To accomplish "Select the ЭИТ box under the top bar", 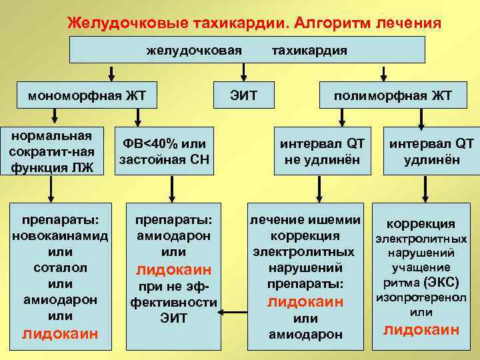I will point(243,95).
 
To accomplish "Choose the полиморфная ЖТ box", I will point(393,95).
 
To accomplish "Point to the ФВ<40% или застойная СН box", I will point(163,151).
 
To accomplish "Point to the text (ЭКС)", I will point(439,282).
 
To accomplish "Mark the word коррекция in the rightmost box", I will point(421,223).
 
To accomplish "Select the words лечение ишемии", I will point(305,220).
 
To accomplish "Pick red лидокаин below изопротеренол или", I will point(421,329).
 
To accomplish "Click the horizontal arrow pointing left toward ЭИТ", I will point(234,310).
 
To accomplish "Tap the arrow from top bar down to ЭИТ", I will point(243,73).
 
